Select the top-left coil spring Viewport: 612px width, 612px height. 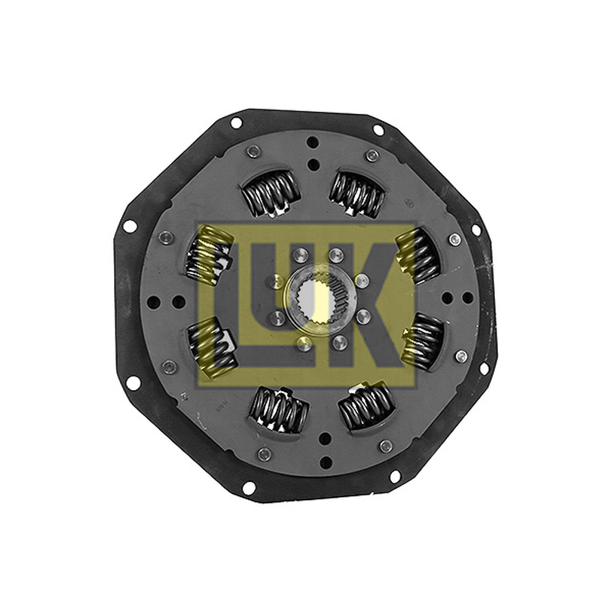271,192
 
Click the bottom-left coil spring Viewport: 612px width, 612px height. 279,410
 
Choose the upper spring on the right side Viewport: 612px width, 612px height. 418,256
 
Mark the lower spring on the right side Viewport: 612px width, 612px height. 423,341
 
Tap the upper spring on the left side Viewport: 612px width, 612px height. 208,259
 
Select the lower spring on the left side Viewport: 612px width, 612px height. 213,347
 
